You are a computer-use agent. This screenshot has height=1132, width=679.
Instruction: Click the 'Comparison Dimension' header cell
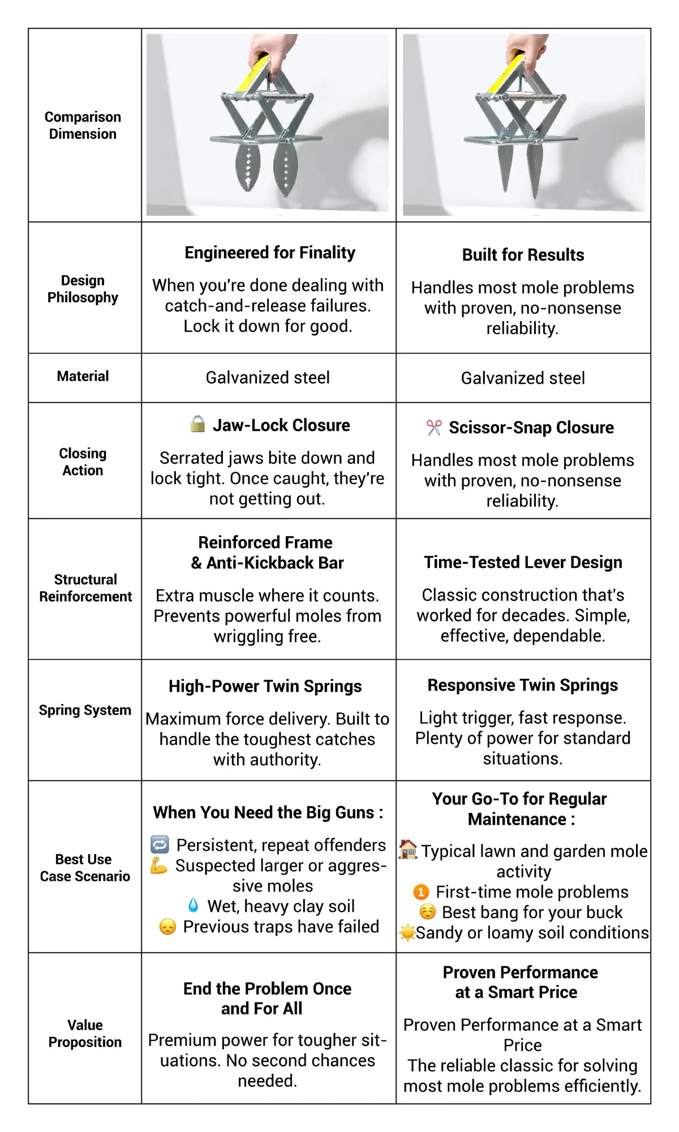(x=83, y=125)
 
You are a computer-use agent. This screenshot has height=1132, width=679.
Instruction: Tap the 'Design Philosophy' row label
(x=83, y=289)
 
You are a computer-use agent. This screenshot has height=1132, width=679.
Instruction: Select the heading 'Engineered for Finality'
(x=270, y=252)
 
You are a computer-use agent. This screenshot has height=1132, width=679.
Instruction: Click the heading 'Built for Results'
(x=523, y=255)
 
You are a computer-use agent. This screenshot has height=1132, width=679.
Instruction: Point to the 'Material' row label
(x=83, y=376)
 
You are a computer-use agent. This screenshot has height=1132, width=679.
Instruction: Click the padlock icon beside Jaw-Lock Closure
(x=197, y=424)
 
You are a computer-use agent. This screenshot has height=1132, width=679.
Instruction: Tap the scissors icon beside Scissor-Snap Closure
(x=434, y=427)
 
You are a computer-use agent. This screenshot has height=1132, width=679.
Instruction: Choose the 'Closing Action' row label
(x=83, y=462)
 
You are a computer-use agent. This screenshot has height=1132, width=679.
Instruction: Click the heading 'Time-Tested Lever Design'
(x=523, y=562)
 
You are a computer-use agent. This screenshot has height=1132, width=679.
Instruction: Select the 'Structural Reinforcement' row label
(x=85, y=588)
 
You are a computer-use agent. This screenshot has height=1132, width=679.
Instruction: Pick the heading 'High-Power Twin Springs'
(x=265, y=686)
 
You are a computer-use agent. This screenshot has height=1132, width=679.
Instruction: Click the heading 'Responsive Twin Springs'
(x=522, y=685)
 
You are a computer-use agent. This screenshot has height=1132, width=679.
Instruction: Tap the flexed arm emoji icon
(x=159, y=865)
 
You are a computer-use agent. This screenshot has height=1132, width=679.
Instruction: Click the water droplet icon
(x=194, y=905)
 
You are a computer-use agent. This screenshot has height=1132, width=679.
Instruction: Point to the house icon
(x=408, y=850)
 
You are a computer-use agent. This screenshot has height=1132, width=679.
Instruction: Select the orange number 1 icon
(x=421, y=892)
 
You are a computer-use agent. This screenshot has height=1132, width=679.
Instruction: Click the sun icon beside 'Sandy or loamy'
(x=407, y=932)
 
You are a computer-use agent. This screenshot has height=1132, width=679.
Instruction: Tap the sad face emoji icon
(x=167, y=927)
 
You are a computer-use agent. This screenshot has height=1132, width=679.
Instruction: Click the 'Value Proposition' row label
(x=85, y=1033)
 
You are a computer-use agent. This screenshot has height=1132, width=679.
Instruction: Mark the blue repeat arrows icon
(x=160, y=845)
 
